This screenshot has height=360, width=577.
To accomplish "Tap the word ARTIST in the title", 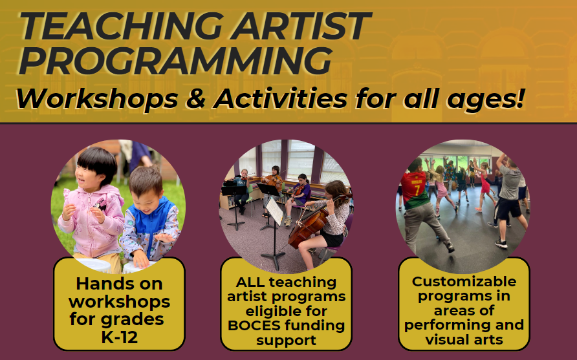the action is [301, 26].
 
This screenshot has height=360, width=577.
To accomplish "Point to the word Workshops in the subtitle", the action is [97, 99].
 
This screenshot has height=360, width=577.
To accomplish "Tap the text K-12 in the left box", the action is [120, 337].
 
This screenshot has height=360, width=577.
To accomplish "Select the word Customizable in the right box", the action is [464, 282].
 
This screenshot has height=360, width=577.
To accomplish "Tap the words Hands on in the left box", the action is [119, 284].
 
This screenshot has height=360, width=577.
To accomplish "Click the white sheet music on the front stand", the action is [275, 211].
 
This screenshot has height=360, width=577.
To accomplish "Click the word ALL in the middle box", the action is [250, 282].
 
